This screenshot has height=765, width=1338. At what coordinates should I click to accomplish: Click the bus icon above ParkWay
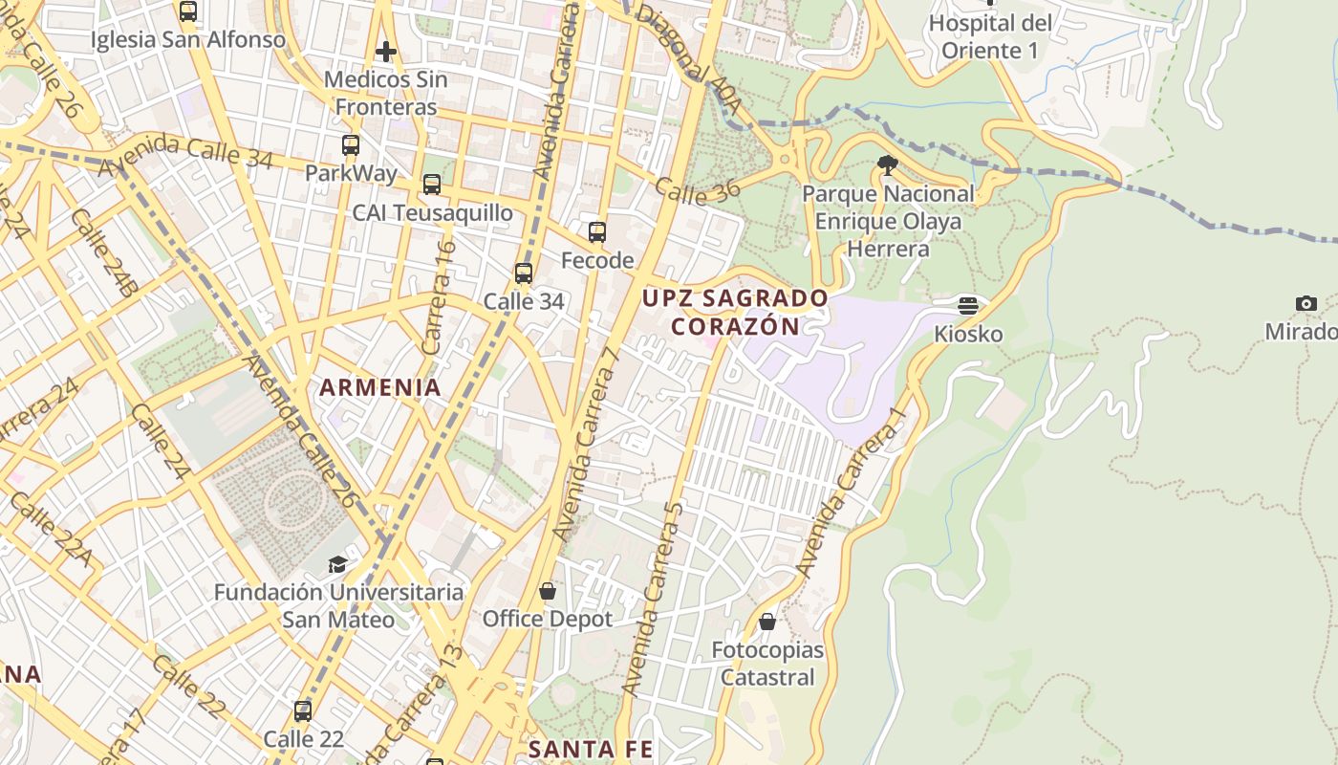351,145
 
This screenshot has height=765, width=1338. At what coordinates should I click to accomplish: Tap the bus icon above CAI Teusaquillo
432,185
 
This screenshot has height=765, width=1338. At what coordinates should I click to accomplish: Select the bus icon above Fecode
597,231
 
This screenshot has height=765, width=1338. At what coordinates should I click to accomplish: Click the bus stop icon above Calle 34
524,273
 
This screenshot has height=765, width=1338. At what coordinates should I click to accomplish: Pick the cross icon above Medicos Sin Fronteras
386,51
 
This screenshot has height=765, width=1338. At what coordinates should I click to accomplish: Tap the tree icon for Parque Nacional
887,165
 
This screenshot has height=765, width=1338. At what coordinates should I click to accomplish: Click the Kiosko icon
968,306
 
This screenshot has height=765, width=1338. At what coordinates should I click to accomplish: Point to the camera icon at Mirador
1306,304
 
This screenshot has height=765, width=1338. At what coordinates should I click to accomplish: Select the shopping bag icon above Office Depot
548,591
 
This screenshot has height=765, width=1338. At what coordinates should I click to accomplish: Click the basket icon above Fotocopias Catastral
767,622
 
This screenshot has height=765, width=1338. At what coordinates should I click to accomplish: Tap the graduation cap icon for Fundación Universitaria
337,564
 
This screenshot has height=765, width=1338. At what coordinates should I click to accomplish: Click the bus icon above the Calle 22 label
303,711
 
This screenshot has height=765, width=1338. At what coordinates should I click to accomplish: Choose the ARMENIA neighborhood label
380,387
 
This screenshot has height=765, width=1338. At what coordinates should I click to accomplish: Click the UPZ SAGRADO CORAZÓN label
735,312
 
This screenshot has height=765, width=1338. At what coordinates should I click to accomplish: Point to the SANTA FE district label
591,749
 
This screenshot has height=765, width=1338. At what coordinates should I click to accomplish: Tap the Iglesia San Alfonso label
188,39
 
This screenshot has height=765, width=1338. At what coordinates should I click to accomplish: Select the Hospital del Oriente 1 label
990,36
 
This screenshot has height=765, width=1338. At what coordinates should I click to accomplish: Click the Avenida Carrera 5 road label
652,598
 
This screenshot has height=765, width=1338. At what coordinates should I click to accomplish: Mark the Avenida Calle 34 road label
186,154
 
